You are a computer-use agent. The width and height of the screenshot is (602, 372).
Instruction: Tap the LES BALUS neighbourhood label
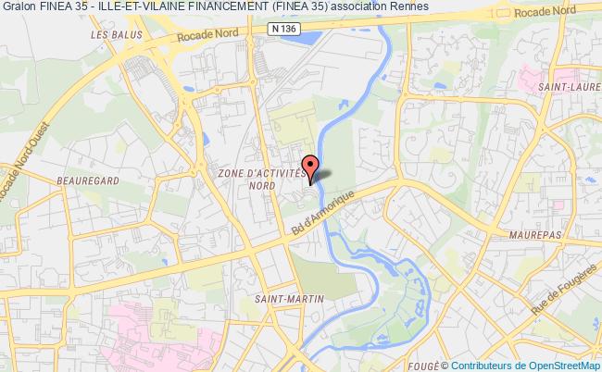click(x=107, y=35)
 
